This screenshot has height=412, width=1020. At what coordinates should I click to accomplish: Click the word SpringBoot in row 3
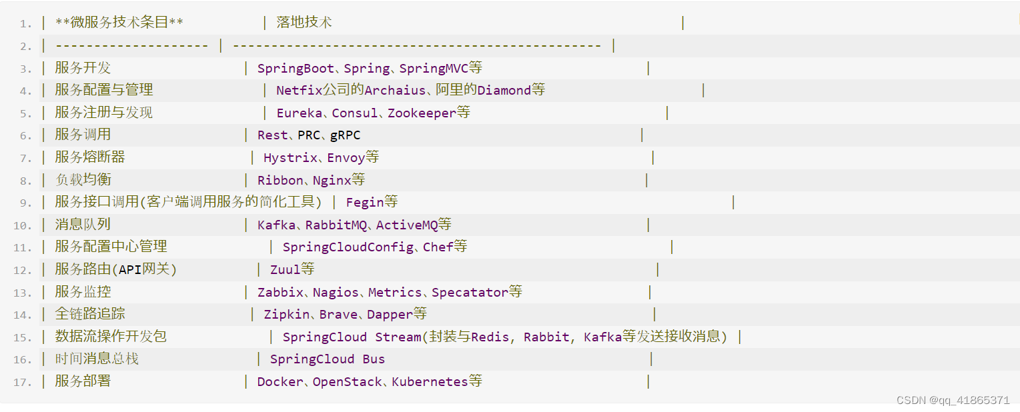click(x=296, y=68)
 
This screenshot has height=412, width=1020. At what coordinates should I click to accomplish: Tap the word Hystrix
click(x=290, y=158)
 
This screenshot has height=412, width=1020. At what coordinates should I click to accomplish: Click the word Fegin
click(x=364, y=202)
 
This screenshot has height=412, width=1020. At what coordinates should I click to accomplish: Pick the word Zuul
click(x=285, y=269)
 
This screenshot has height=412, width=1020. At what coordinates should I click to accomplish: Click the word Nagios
click(x=336, y=292)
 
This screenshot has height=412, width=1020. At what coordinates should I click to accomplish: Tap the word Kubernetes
click(x=430, y=381)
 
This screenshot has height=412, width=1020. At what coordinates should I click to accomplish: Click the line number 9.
click(x=25, y=203)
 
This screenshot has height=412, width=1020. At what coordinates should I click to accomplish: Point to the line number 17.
click(x=22, y=382)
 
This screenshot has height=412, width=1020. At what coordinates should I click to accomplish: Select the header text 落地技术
click(x=304, y=22)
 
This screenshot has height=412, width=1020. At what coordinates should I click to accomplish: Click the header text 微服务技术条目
click(x=119, y=22)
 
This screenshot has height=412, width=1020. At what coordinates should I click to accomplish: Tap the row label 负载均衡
click(x=83, y=180)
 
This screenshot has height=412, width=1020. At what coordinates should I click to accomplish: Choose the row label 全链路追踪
click(x=89, y=313)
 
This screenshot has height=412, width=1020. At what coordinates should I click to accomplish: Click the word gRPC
click(x=345, y=135)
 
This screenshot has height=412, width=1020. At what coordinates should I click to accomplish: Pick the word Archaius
click(x=395, y=90)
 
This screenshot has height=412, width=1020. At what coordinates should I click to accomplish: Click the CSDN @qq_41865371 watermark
click(x=953, y=400)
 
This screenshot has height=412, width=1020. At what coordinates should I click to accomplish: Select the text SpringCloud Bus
click(x=327, y=359)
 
